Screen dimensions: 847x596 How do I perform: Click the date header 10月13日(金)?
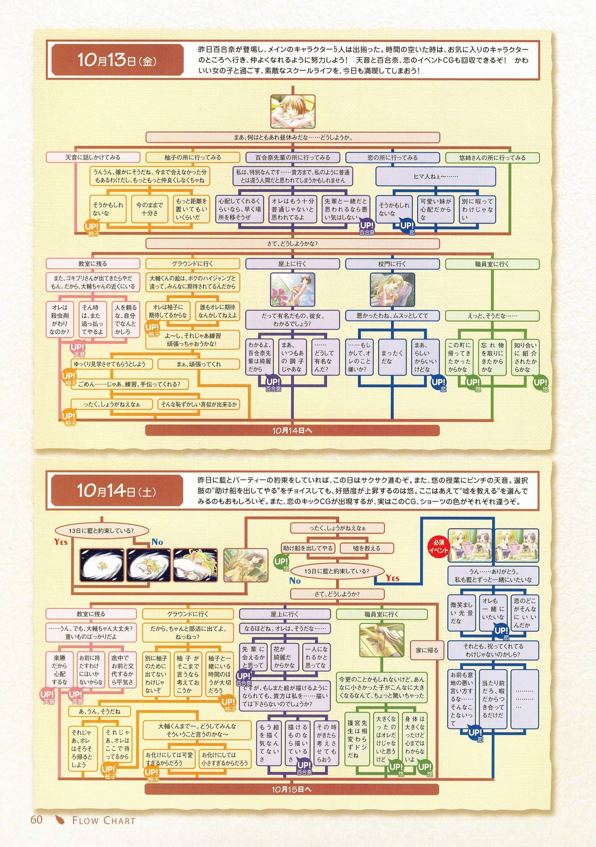(116, 61)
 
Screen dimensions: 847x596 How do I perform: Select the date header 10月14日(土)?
(116, 491)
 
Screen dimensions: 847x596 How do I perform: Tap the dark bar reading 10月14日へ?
(292, 430)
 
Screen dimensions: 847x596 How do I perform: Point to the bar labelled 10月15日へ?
(292, 789)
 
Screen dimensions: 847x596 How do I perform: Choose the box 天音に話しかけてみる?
(93, 157)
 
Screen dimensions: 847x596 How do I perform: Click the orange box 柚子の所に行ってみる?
(193, 157)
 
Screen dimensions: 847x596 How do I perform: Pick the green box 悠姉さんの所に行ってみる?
(492, 157)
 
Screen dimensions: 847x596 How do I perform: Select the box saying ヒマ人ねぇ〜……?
(435, 176)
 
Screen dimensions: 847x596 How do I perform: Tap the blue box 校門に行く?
(392, 264)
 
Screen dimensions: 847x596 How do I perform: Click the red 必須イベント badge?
(438, 546)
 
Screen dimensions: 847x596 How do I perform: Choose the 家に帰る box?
(427, 650)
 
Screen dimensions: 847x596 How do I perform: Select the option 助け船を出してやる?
(308, 548)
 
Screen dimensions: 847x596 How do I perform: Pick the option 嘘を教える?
(366, 548)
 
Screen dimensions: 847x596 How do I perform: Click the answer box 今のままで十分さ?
(149, 209)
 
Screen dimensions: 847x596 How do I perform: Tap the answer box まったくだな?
(392, 357)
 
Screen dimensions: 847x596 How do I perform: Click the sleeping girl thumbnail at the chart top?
(292, 112)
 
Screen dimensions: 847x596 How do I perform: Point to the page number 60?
(36, 820)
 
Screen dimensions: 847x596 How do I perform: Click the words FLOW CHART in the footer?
(103, 820)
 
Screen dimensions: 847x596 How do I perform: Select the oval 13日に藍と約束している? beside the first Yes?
(101, 530)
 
